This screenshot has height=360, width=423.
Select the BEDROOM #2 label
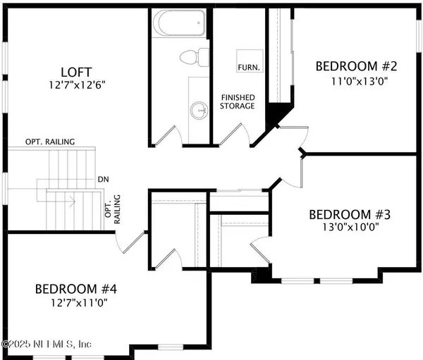coord(357,67)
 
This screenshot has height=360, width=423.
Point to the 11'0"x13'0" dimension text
coord(357,80)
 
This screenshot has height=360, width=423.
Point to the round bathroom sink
coord(200,110)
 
